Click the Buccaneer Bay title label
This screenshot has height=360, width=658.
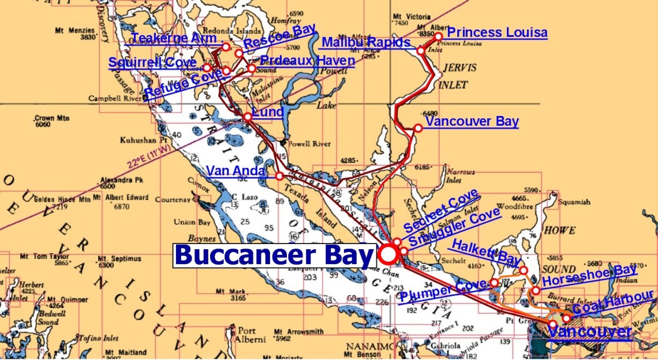274,255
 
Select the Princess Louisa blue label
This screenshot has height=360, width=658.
497,33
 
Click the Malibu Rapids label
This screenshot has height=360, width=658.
365,42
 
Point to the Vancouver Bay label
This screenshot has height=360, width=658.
472,122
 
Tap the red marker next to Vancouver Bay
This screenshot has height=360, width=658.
418,128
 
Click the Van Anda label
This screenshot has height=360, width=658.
236,171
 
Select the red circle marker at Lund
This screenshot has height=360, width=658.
248,117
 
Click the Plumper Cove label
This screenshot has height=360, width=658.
443,291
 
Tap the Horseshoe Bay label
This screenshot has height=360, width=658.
589,275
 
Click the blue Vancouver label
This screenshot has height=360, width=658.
589,332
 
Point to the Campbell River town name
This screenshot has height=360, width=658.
114,99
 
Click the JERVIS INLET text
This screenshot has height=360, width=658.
458,76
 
